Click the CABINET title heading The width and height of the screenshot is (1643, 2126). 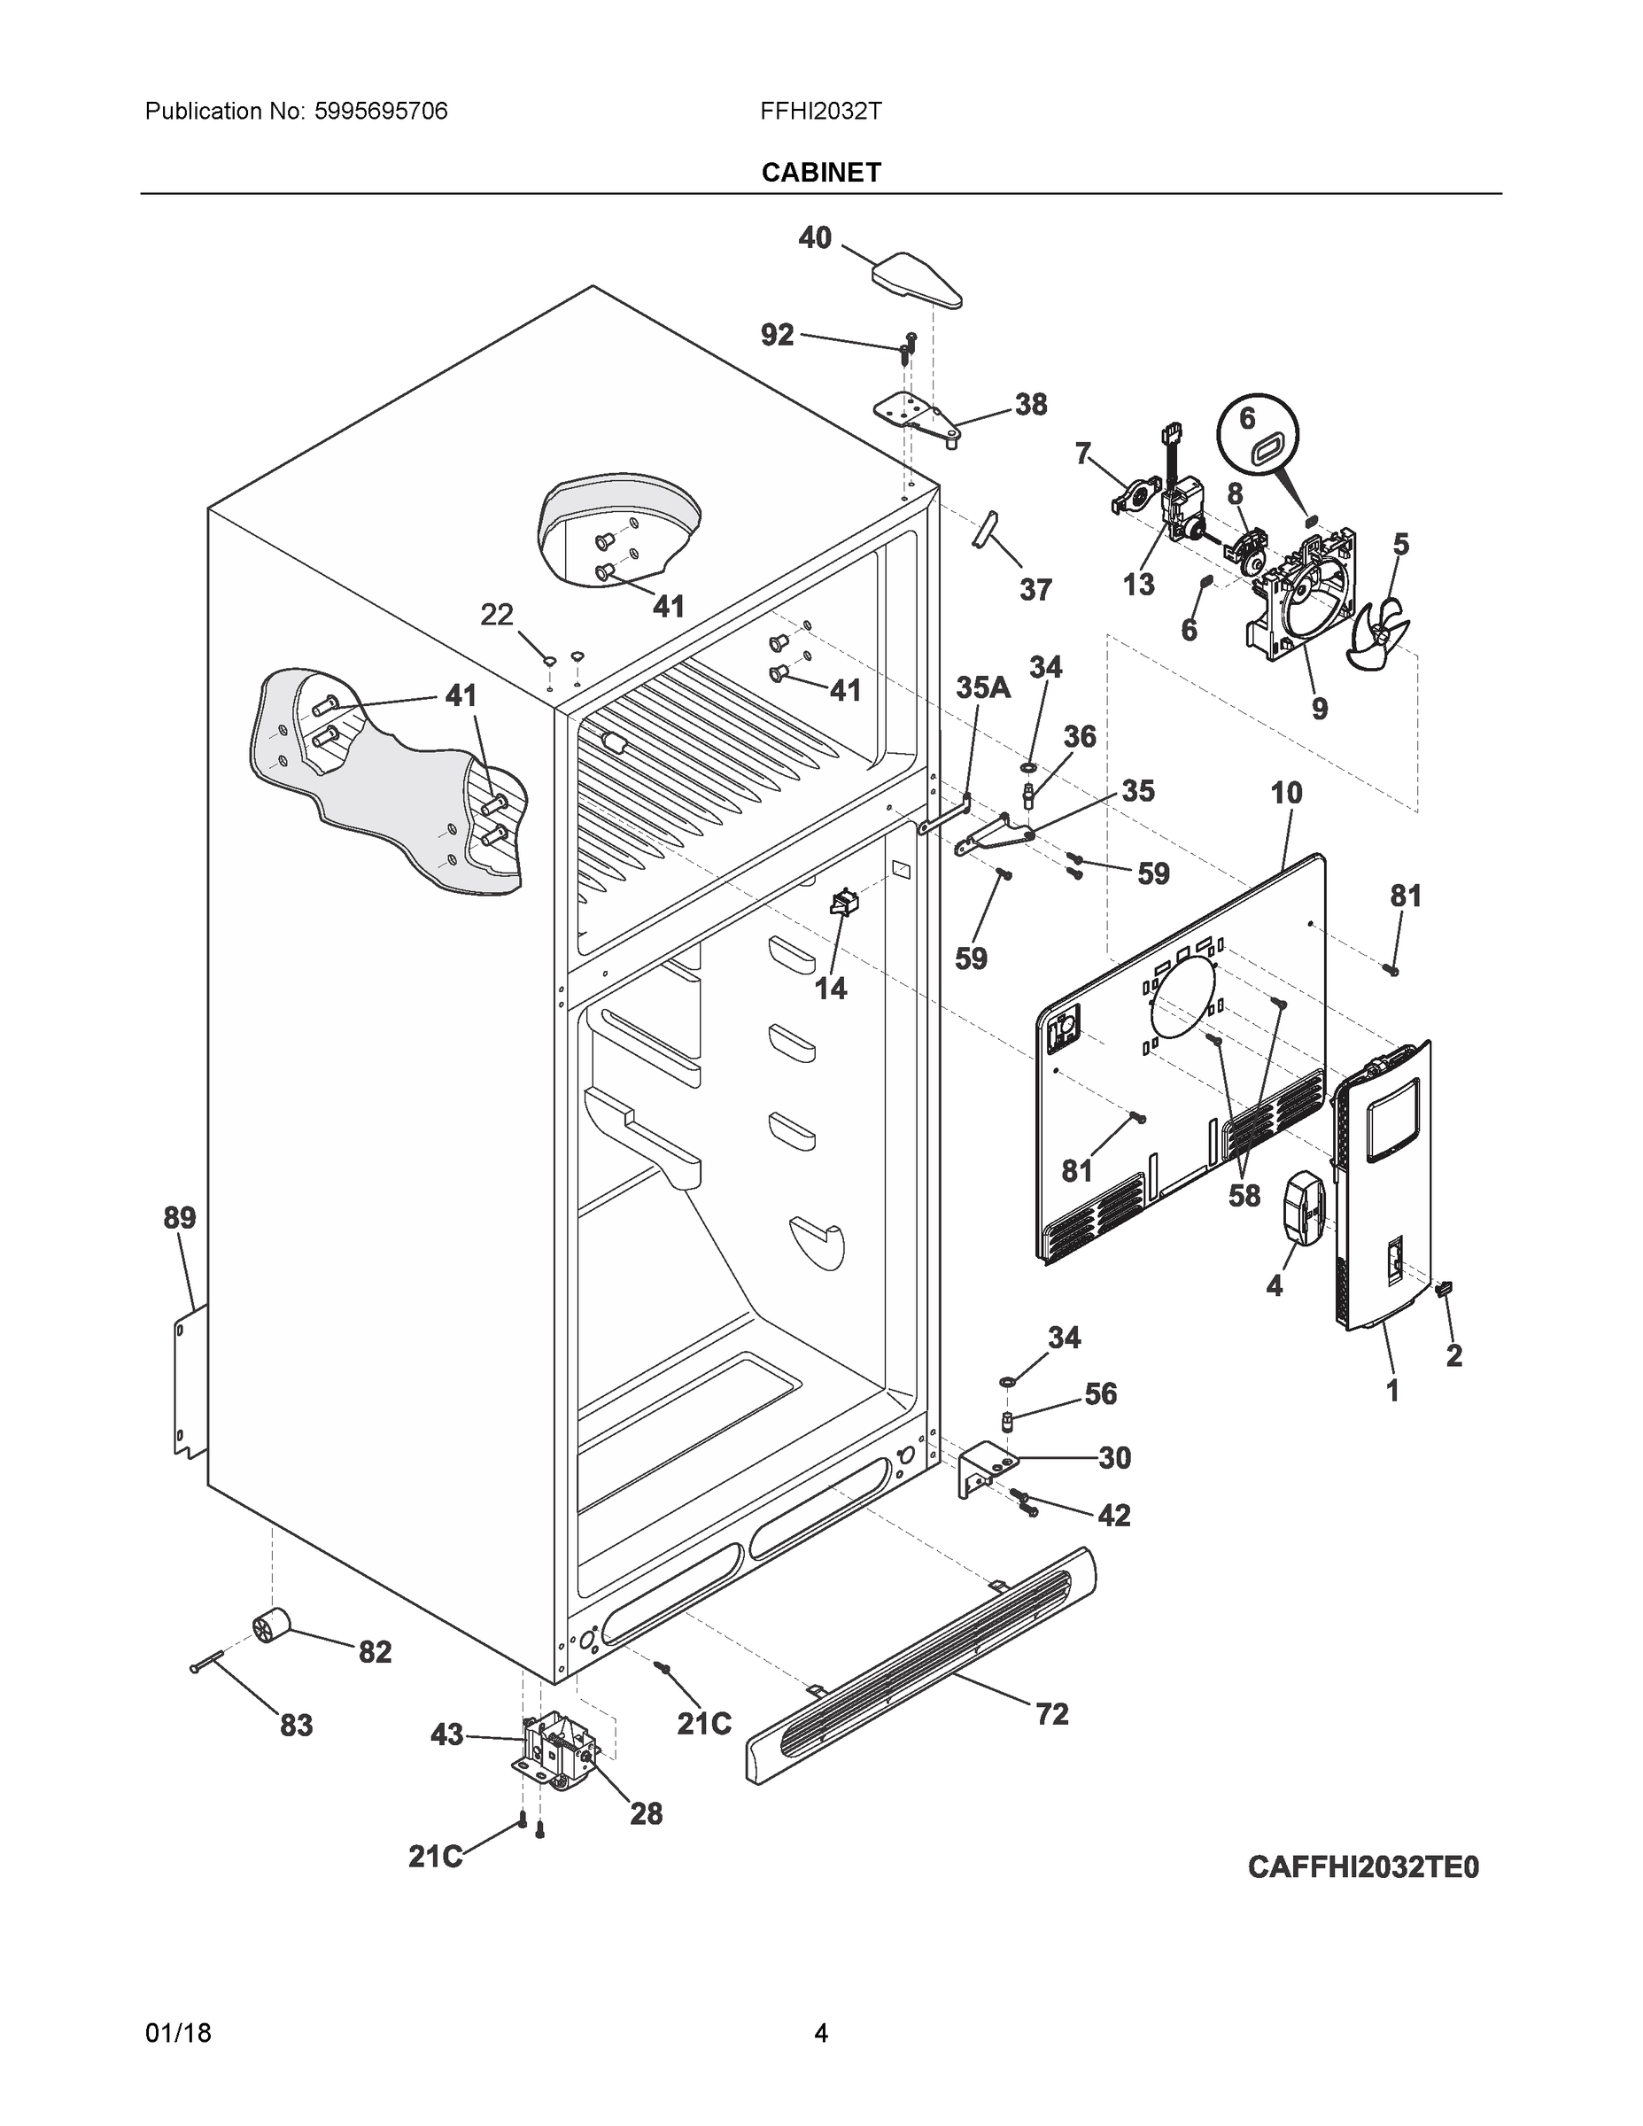[820, 173]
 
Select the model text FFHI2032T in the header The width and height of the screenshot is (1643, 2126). [820, 111]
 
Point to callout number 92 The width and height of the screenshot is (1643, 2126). [777, 336]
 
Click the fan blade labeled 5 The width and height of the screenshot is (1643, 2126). [1376, 632]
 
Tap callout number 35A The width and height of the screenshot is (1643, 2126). [983, 688]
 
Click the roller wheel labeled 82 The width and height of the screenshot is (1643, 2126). [272, 1626]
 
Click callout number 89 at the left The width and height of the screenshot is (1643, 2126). [179, 1218]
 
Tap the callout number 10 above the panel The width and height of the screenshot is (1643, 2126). [1286, 793]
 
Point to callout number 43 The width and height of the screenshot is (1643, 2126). [446, 1734]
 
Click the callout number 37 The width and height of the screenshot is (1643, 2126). [1035, 590]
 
